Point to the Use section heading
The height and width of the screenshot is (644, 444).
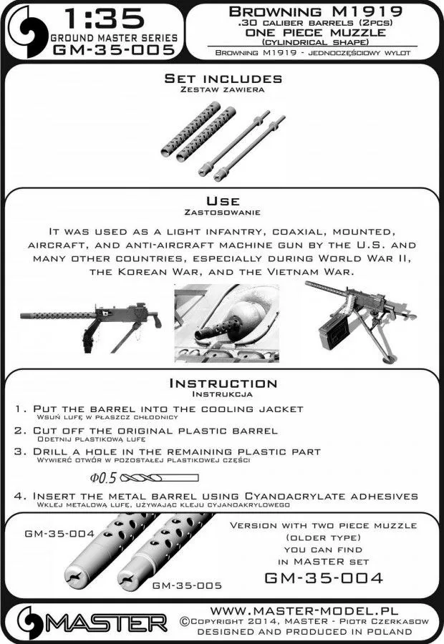[x=222, y=201]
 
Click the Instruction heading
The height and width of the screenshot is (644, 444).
[x=222, y=384]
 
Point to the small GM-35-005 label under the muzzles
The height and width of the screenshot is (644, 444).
[x=187, y=585]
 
